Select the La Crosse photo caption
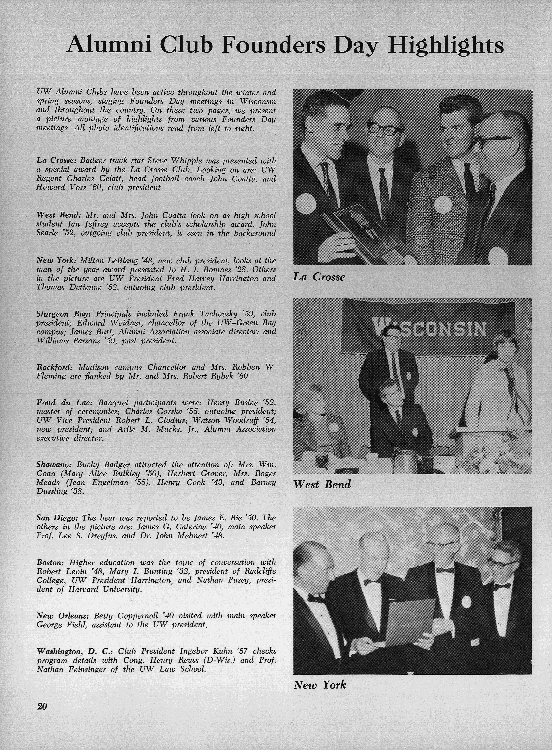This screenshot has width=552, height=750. point(319,277)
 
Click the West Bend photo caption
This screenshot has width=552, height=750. point(322,484)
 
